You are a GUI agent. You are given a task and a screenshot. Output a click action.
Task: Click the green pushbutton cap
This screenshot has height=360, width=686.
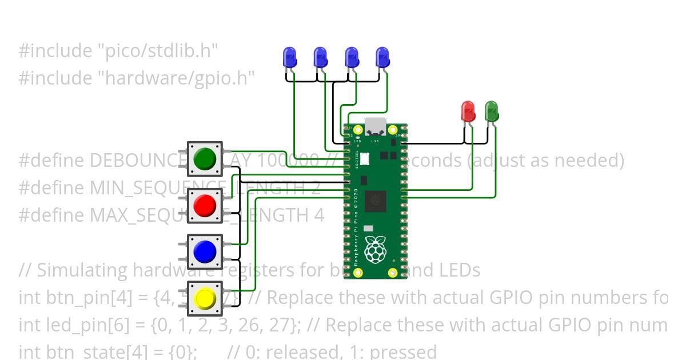205,158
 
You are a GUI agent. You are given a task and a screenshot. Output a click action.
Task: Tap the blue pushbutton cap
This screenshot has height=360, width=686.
205,251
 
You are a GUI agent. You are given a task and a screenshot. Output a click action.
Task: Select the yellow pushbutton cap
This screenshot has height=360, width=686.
205,298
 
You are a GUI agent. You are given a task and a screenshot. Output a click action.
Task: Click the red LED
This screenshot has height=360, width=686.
468,111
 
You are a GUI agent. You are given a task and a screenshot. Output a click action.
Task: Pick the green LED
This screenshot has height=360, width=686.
491,111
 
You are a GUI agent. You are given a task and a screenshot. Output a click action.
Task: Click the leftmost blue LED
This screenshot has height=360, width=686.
290,58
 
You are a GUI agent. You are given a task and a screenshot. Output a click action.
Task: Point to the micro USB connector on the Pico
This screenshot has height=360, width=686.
376,126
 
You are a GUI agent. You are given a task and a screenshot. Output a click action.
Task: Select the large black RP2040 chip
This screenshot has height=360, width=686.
375,200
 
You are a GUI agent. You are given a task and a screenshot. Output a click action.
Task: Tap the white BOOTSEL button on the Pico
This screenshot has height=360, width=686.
364,158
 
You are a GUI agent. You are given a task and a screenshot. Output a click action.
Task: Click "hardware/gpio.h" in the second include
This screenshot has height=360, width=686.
179,78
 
